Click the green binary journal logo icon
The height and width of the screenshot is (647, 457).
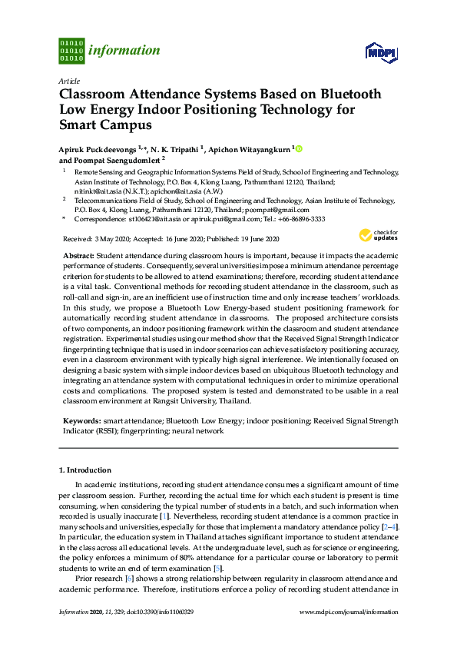71,51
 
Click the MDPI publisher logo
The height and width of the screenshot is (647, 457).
380,52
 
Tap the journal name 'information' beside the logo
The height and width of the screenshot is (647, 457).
124,51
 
